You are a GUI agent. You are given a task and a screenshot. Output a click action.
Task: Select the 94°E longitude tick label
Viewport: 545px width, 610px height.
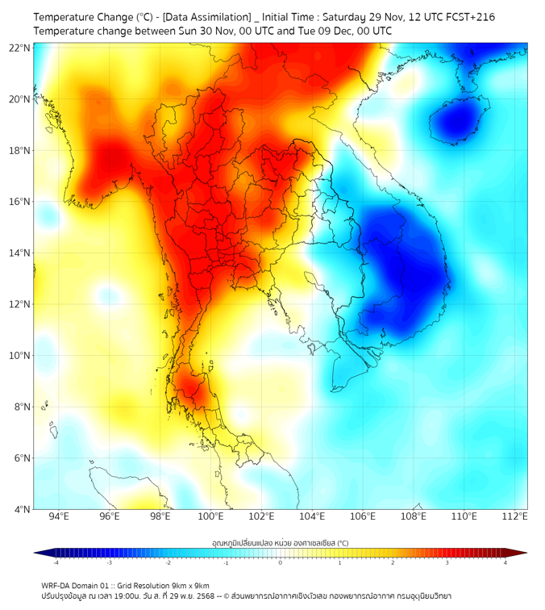[59, 516]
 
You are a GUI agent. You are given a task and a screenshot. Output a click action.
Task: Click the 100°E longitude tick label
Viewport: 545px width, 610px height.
[210, 516]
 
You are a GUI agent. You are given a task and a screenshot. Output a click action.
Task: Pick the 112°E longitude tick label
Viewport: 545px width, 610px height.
[514, 516]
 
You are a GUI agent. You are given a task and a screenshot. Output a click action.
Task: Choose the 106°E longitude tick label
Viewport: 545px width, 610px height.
[363, 516]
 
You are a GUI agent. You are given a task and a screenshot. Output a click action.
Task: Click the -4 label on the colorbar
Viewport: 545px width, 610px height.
[55, 562]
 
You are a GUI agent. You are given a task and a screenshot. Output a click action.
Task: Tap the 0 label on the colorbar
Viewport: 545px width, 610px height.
[281, 562]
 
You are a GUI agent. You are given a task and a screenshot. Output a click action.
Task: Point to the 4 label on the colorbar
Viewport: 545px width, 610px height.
[505, 562]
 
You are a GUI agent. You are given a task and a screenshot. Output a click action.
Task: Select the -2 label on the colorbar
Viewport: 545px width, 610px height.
[167, 562]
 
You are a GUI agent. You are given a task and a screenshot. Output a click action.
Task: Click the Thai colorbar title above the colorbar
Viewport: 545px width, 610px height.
[280, 542]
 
